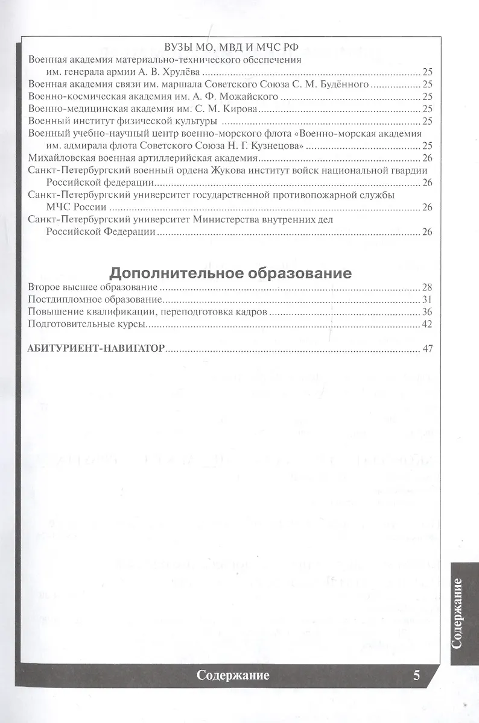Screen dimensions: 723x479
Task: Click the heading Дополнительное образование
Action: (230, 273)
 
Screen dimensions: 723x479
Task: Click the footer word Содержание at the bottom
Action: (233, 675)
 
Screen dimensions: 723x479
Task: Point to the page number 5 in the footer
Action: (416, 675)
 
